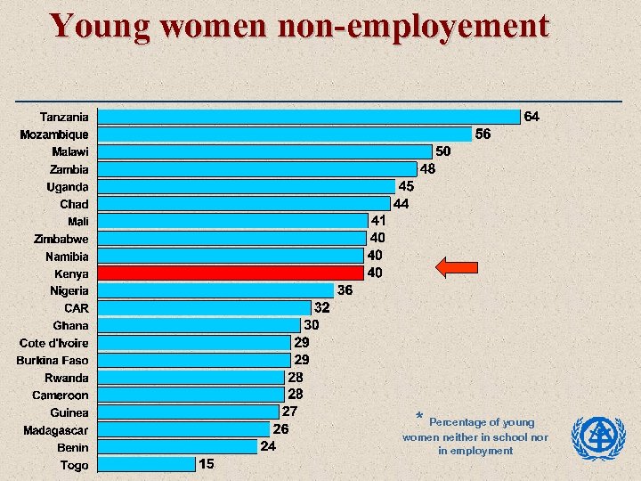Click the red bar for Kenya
click(x=231, y=273)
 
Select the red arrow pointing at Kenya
click(x=456, y=266)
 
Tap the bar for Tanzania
click(x=308, y=117)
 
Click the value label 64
click(x=531, y=117)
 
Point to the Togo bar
click(x=146, y=464)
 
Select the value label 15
click(x=207, y=464)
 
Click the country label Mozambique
click(x=54, y=135)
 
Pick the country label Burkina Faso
click(x=53, y=361)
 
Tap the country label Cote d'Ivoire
click(x=54, y=343)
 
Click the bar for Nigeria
click(x=215, y=290)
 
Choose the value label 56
click(x=483, y=135)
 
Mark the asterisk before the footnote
click(x=419, y=418)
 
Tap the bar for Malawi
click(x=264, y=151)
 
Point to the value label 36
click(x=345, y=290)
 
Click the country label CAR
click(x=76, y=308)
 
